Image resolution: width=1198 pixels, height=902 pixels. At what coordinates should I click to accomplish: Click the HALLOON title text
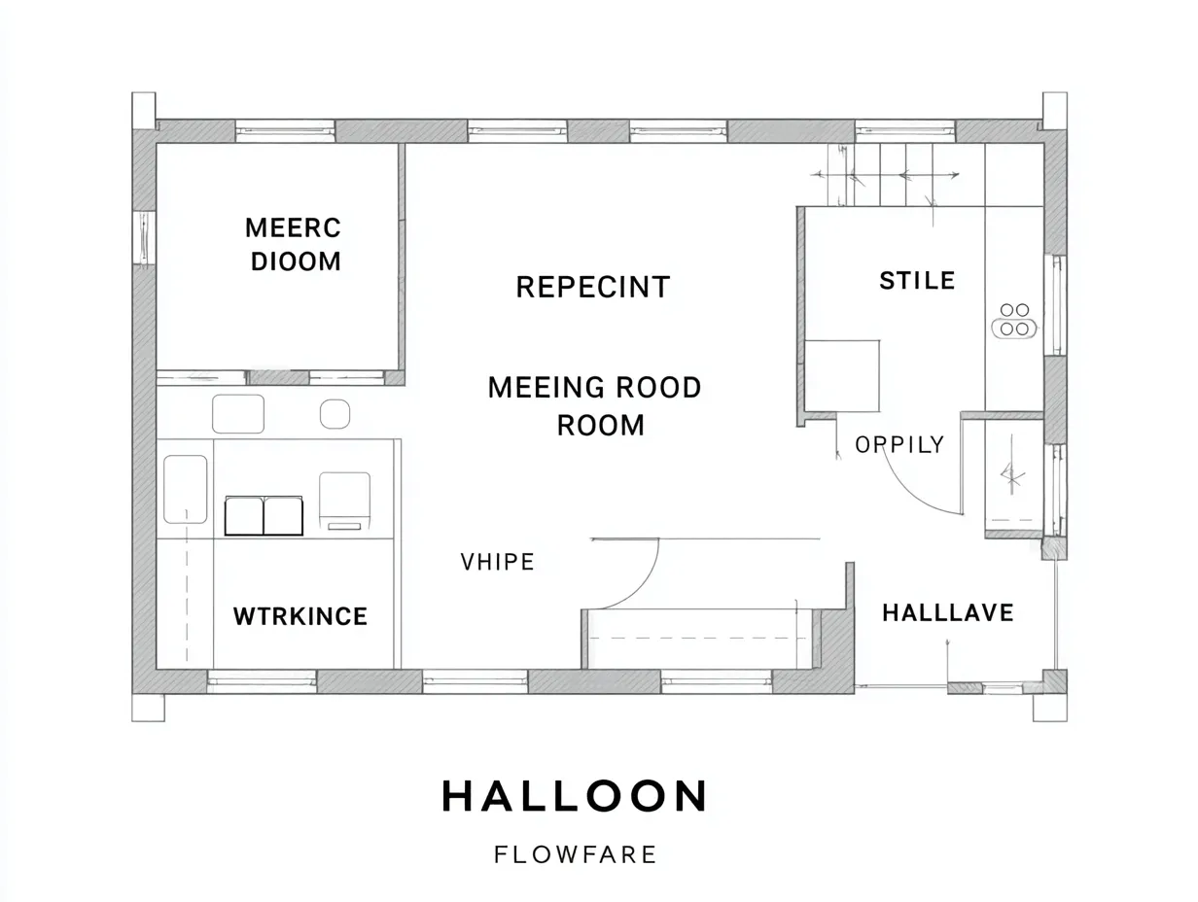pos(575,796)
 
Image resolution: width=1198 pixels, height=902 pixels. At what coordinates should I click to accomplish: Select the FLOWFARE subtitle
pos(575,855)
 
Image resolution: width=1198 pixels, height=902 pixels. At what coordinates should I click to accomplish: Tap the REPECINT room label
pos(592,287)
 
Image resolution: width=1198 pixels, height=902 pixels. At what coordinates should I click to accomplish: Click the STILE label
pos(917,281)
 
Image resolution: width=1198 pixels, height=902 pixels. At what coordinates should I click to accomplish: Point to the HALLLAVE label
pos(947,612)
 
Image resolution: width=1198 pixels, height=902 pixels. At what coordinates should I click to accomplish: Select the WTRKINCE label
pos(300,616)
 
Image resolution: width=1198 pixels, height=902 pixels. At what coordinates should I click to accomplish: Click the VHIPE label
pos(497,562)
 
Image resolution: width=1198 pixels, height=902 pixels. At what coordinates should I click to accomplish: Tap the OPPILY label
pos(899,445)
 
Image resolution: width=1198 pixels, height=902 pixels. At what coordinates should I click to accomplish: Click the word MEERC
pos(294,227)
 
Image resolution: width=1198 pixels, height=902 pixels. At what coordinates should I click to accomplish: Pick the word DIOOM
pos(296,261)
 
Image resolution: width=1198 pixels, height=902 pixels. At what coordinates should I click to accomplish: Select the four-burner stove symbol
pos(1014,320)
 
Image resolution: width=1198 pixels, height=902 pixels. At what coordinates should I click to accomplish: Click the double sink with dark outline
pos(264,515)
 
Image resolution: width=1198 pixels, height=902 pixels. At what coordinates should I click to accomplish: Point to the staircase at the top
pos(885,175)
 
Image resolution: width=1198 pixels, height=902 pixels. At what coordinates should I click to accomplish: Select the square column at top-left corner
pos(144,110)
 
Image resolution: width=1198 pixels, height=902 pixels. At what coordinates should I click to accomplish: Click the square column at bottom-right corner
pos(1050,708)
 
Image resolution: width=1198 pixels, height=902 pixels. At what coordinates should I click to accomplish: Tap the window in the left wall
pos(144,238)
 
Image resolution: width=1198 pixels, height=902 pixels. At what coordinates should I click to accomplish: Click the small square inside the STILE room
pos(842,375)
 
